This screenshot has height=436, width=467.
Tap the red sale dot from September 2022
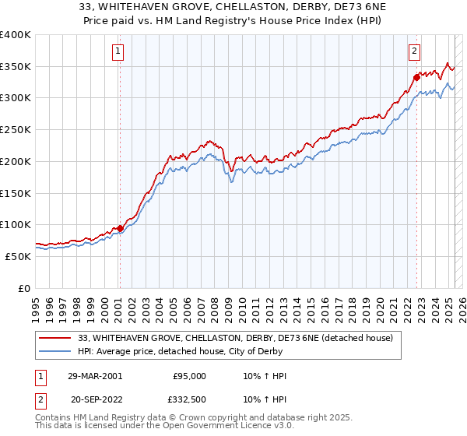coord(417,77)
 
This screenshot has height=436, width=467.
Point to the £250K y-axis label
coord(16,129)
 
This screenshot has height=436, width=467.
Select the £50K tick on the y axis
coord(19,255)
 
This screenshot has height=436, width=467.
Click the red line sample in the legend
coord(55,338)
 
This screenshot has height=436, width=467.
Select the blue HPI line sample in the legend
coord(55,351)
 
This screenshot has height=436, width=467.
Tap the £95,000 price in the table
coord(190,376)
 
